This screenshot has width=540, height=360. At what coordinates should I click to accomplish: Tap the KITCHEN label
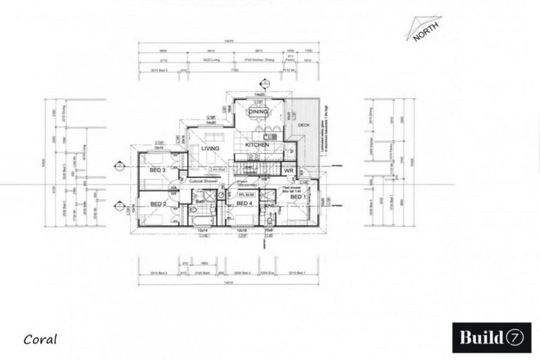coord(258,146)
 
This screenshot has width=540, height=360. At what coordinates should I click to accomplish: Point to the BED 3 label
coord(157,170)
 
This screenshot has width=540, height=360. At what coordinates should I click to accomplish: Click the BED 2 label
coord(157,204)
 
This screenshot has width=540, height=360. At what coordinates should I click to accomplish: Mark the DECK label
coord(304,126)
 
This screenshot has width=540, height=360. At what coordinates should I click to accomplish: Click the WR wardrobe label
coord(288,171)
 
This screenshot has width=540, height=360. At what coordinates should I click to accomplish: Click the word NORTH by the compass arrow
coord(426,32)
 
